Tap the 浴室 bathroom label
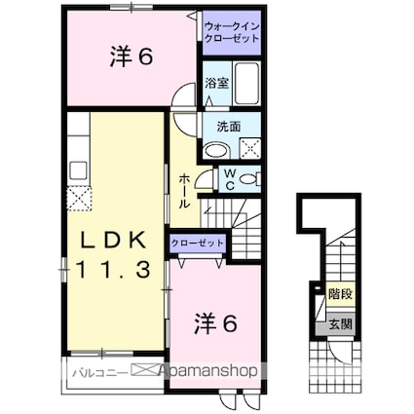(215, 84)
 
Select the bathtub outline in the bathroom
(245, 88)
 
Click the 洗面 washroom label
(229, 126)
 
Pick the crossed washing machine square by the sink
(249, 149)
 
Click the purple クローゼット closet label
(197, 243)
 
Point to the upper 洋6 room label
(131, 57)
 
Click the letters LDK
(111, 239)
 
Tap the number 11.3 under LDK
(111, 270)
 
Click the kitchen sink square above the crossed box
(79, 171)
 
